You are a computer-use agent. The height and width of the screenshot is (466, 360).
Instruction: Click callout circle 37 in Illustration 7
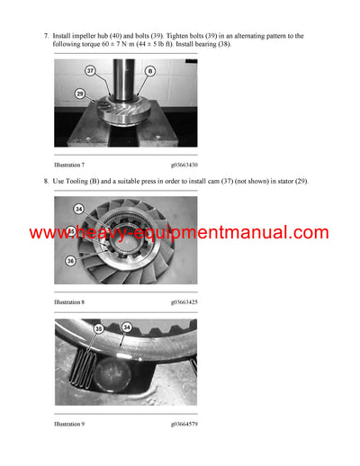tap(91, 69)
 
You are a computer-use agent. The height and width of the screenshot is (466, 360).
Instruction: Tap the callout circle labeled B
tap(150, 69)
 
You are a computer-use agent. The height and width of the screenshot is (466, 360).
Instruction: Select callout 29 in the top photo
tap(80, 94)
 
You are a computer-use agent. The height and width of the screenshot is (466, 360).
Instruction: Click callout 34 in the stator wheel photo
tap(78, 210)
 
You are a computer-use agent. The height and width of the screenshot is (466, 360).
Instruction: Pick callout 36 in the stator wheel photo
tap(70, 261)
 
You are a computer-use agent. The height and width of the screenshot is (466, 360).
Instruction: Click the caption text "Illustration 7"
tap(69, 166)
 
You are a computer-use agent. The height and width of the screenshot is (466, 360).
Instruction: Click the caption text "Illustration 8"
tap(69, 301)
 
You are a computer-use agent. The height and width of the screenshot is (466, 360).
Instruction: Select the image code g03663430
tap(184, 166)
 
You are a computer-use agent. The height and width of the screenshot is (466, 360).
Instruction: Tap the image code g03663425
tap(184, 301)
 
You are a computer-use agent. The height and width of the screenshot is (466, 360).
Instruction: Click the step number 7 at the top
tap(46, 36)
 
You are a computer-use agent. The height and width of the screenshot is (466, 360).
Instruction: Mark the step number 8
tap(46, 181)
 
